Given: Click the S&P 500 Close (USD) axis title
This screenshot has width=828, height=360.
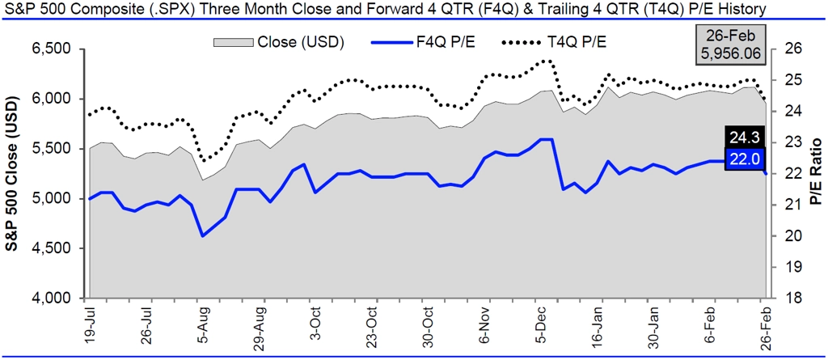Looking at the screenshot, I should [x=15, y=173].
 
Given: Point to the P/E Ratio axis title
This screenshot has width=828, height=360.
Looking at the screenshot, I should [x=814, y=173].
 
